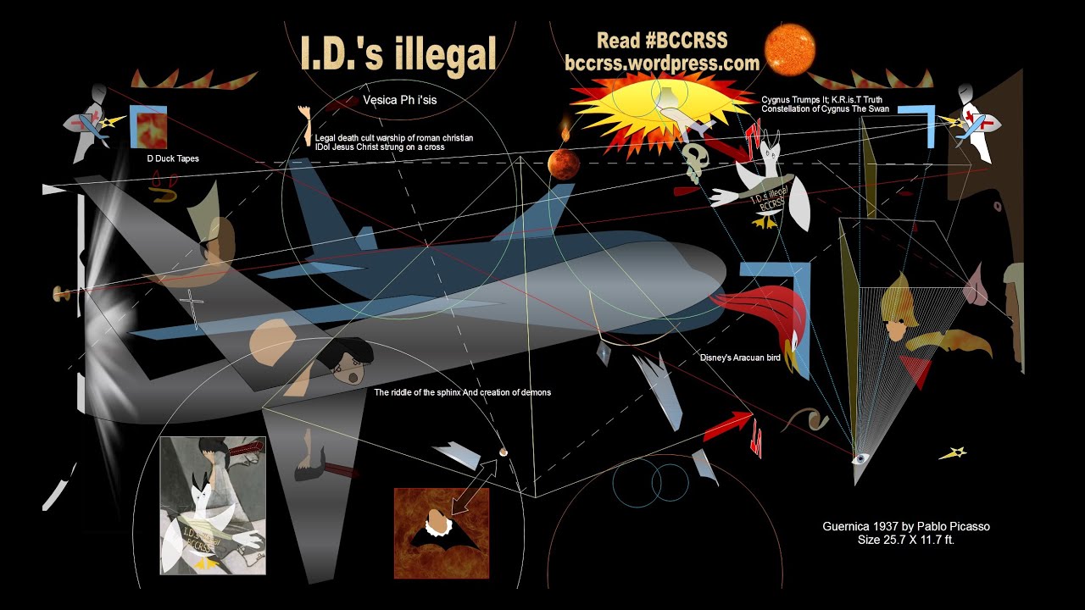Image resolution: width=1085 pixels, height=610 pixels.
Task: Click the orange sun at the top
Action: click(790, 48)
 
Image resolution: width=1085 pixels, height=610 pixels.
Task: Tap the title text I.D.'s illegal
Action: click(398, 53)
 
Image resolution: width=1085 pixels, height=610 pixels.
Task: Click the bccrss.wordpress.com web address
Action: click(661, 63)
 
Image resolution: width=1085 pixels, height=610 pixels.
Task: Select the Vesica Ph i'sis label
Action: click(399, 99)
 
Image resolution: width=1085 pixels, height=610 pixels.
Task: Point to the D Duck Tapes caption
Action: click(172, 158)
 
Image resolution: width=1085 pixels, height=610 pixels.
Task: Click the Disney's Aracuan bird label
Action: click(740, 358)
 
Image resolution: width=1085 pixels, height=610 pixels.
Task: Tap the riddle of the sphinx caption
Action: click(462, 392)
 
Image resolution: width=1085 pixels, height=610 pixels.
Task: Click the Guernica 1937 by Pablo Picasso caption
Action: click(905, 526)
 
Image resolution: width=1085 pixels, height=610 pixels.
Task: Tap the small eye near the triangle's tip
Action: click(860, 458)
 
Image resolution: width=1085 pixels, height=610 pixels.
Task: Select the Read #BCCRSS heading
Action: click(662, 41)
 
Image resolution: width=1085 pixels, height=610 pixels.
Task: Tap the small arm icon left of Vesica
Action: click(303, 125)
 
